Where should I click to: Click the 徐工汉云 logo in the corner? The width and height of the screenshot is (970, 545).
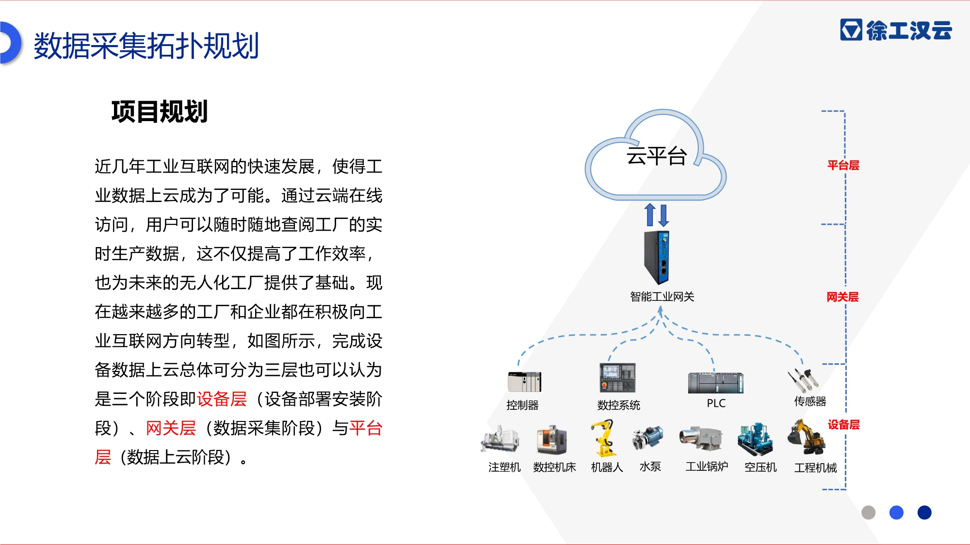tap(896, 30)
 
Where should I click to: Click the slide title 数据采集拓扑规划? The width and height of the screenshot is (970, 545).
tap(146, 46)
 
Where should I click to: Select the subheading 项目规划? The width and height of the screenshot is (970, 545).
tap(160, 111)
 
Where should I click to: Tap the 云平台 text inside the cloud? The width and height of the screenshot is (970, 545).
tap(657, 156)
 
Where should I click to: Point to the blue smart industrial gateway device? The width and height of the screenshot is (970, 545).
tap(657, 258)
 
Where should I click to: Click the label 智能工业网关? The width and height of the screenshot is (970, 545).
tap(662, 296)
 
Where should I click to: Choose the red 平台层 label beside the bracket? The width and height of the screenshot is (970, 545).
tap(843, 165)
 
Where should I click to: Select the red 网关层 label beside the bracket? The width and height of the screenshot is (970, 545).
tap(843, 297)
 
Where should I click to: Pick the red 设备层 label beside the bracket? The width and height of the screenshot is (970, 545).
tap(844, 425)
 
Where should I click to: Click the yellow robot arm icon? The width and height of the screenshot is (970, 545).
tap(603, 438)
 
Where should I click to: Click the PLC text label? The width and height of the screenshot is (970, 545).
tap(716, 404)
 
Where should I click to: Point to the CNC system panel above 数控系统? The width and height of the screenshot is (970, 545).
tap(617, 377)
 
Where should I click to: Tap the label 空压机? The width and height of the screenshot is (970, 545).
tap(760, 467)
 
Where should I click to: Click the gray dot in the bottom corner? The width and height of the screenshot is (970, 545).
tap(869, 513)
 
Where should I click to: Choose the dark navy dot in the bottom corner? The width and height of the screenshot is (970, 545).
tap(924, 513)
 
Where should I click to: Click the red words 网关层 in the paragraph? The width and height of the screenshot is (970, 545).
tap(171, 428)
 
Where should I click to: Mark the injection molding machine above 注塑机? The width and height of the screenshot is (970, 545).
tap(500, 439)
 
